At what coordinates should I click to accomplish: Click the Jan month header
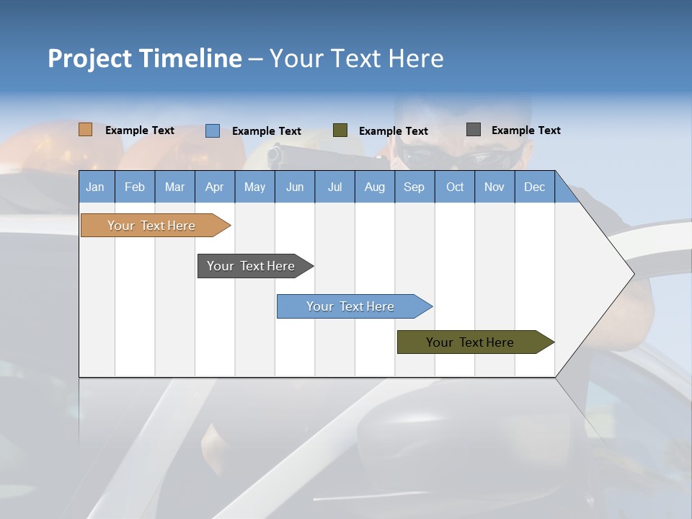click(96, 187)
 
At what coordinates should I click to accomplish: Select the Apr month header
click(215, 187)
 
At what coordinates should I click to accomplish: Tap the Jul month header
click(334, 187)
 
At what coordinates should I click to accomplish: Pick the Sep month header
click(414, 187)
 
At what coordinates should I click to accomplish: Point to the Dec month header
click(534, 187)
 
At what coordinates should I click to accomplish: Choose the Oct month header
click(455, 187)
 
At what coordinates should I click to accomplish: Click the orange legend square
click(86, 130)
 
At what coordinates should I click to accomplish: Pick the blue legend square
click(213, 130)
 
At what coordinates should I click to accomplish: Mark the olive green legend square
click(340, 130)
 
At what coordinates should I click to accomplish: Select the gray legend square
click(474, 130)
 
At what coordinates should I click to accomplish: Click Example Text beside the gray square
click(525, 130)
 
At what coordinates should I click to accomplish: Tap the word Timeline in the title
click(190, 58)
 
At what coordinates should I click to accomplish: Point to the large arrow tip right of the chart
click(613, 274)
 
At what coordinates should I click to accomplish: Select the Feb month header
click(135, 187)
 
